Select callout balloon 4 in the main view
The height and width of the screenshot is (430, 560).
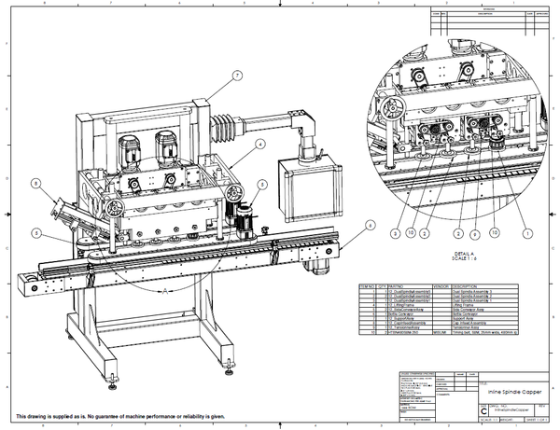pyautogui.click(x=259, y=144)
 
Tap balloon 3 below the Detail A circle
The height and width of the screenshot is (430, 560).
pyautogui.click(x=395, y=232)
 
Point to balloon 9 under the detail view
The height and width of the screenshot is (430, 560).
pyautogui.click(x=474, y=232)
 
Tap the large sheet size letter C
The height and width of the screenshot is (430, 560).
pyautogui.click(x=483, y=409)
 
